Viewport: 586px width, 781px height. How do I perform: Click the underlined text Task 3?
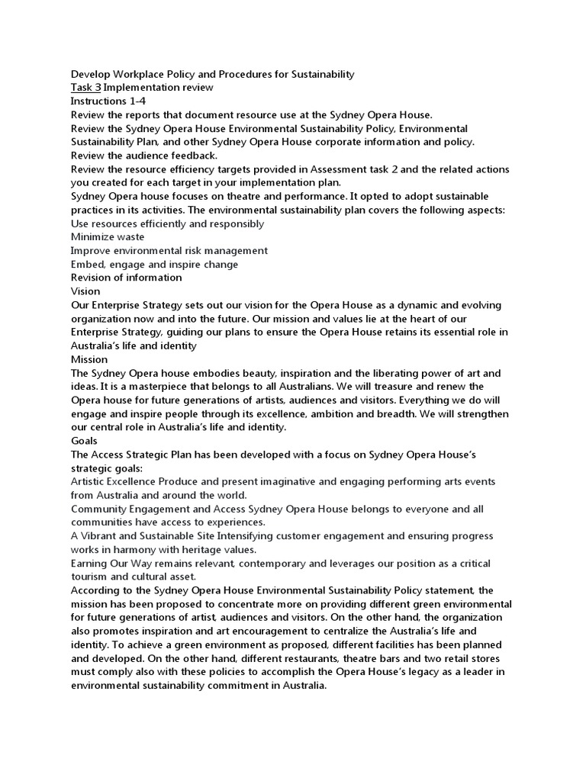click(85, 88)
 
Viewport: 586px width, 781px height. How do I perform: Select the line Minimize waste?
click(108, 237)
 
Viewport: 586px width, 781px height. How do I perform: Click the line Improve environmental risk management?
click(169, 251)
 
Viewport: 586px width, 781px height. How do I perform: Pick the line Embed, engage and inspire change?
click(154, 265)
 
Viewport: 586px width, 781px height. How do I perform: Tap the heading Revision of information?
click(126, 278)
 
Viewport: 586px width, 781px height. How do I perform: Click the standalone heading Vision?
click(85, 291)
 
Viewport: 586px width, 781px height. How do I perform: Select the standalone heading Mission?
click(89, 359)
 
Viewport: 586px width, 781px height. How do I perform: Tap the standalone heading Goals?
click(84, 441)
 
